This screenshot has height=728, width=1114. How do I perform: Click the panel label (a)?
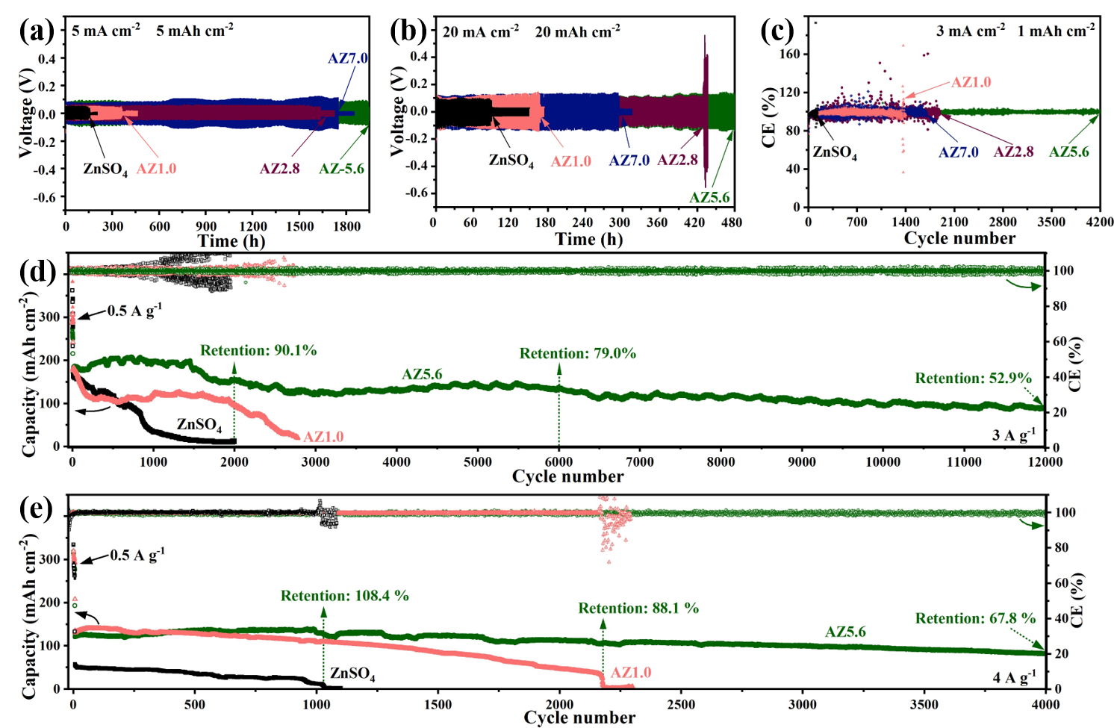(37, 31)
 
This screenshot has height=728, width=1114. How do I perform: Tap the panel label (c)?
(777, 31)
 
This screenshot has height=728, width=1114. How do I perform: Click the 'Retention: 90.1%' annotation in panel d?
(258, 350)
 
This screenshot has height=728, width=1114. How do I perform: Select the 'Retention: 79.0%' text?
(578, 353)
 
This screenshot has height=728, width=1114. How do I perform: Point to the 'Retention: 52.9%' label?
(973, 379)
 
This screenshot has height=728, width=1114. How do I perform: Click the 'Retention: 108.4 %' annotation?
(345, 596)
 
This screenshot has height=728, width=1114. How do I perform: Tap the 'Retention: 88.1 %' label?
(638, 609)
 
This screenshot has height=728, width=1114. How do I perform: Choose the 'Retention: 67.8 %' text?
(975, 618)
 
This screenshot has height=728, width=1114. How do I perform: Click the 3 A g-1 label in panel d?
(1013, 435)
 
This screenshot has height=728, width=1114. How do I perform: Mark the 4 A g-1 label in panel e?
(1013, 677)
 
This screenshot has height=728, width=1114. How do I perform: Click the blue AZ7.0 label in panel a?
(348, 58)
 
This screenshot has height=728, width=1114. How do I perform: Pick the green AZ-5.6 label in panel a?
(341, 169)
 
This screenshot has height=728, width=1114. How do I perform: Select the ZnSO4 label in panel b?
(511, 161)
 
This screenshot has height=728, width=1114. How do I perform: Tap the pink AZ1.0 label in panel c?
(971, 82)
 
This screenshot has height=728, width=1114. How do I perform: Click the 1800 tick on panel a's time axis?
(346, 226)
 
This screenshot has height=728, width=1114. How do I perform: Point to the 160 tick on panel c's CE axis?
(791, 54)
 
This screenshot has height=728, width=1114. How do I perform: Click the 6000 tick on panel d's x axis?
(558, 461)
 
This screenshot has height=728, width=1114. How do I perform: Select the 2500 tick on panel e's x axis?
(681, 704)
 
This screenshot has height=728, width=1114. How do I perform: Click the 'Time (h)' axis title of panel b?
(588, 239)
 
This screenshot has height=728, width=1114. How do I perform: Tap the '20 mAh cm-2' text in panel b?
(577, 32)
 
